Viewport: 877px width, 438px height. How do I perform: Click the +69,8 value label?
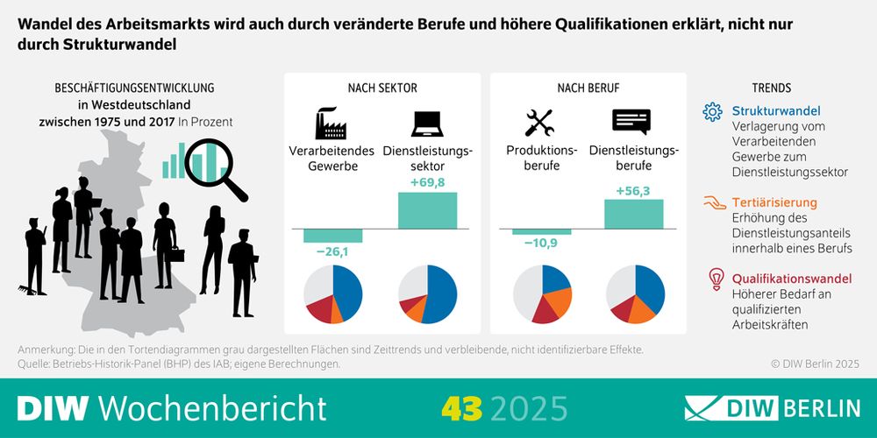pyautogui.click(x=427, y=182)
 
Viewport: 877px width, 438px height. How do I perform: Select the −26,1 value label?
pyautogui.click(x=332, y=252)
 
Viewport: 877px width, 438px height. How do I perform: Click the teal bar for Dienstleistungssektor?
pyautogui.click(x=427, y=209)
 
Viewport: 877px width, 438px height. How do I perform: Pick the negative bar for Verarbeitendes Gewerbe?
pyautogui.click(x=332, y=236)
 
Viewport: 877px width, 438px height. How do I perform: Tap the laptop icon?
pyautogui.click(x=427, y=123)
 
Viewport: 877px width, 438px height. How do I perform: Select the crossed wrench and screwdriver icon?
pyautogui.click(x=539, y=123)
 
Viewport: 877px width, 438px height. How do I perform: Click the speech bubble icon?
pyautogui.click(x=631, y=122)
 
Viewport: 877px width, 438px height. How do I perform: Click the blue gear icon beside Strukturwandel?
pyautogui.click(x=713, y=111)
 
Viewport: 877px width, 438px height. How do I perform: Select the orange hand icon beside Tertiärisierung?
pyautogui.click(x=714, y=202)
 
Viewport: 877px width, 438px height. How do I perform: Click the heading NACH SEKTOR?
pyautogui.click(x=382, y=88)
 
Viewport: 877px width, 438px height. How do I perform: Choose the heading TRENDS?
pyautogui.click(x=772, y=88)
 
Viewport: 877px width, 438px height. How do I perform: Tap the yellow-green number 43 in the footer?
pyautogui.click(x=463, y=408)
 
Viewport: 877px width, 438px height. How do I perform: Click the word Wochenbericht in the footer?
pyautogui.click(x=211, y=408)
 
